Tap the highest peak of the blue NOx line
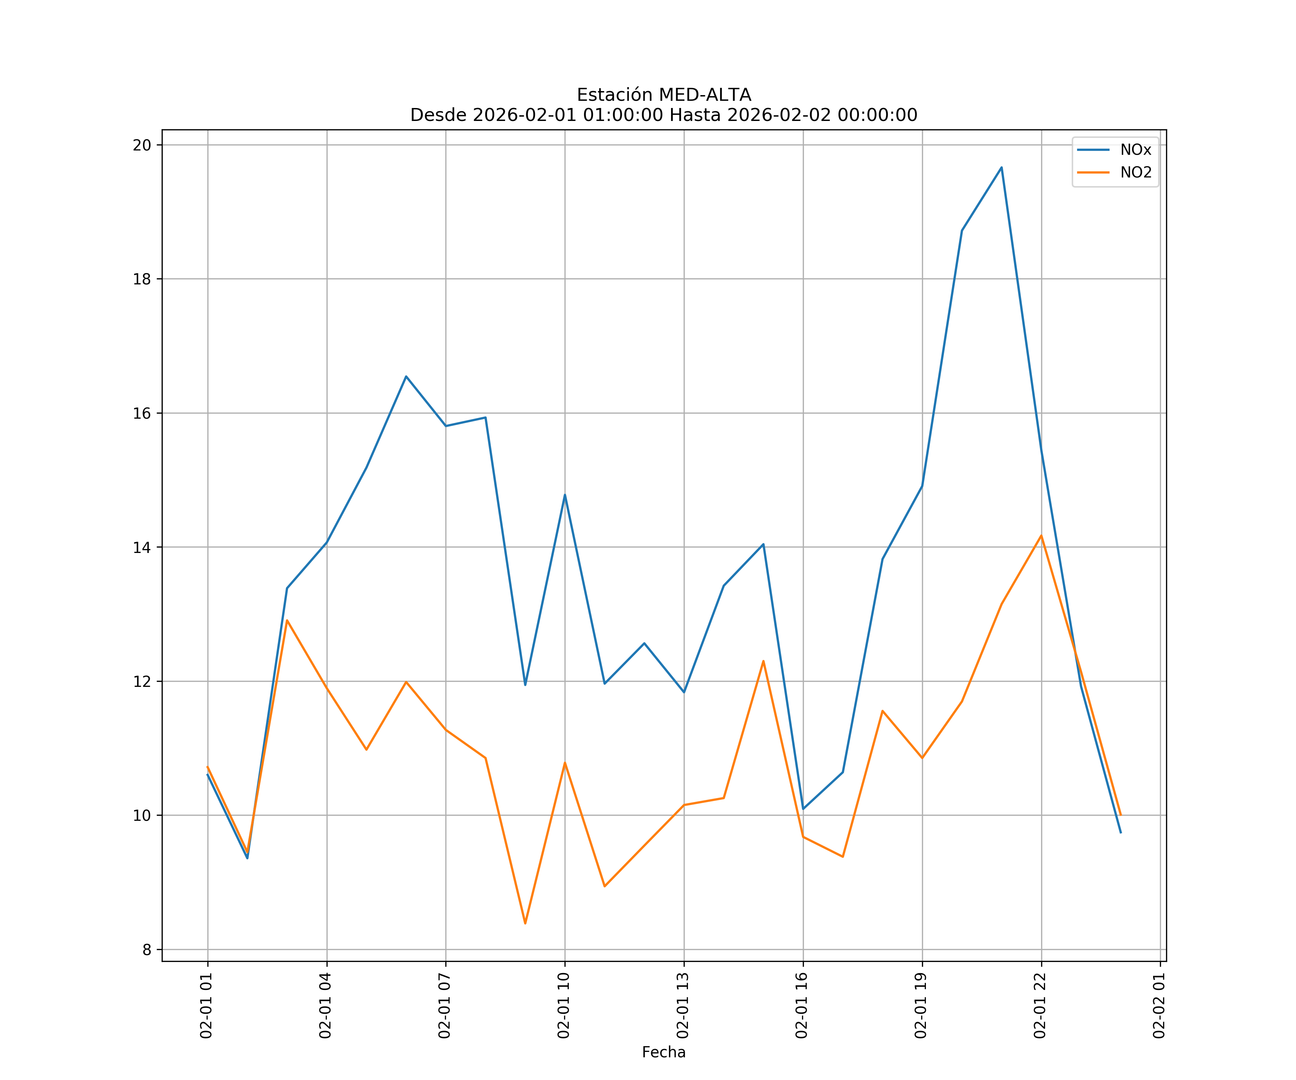[x=1001, y=167]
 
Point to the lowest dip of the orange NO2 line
[x=525, y=923]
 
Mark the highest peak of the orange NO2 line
[x=1041, y=536]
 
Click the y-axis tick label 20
[x=142, y=145]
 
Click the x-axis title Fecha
[x=663, y=1052]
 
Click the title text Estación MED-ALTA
[x=663, y=95]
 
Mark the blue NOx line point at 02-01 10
[x=565, y=495]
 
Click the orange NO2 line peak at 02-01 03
[x=287, y=620]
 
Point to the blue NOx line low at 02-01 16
[x=803, y=809]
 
